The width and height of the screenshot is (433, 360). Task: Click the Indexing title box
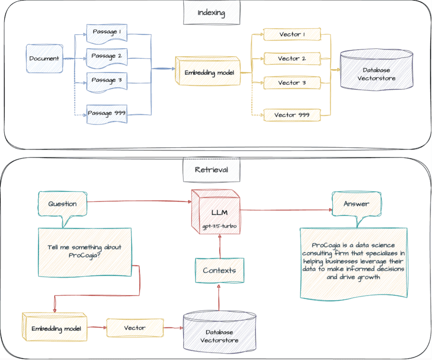[211, 12]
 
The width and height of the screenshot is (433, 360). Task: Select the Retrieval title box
[211, 170]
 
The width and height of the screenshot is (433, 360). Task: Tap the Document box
[44, 58]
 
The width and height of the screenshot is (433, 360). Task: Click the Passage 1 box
[107, 33]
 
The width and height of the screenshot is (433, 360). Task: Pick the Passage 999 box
[107, 114]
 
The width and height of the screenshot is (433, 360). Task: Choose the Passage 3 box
[107, 82]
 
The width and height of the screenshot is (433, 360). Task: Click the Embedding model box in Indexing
[208, 71]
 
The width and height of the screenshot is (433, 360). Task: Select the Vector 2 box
[292, 58]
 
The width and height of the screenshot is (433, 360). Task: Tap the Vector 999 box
[292, 115]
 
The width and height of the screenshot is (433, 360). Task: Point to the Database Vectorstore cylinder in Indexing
[377, 70]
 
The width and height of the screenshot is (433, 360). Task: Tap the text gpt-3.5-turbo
[219, 226]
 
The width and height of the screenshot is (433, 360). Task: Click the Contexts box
[219, 270]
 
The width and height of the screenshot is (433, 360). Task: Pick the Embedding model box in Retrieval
[55, 327]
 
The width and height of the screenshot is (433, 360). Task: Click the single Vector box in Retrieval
[135, 328]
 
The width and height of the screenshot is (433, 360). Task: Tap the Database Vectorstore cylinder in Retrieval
[219, 332]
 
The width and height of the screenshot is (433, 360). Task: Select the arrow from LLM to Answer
[286, 210]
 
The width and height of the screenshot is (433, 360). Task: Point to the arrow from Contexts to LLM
[220, 246]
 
